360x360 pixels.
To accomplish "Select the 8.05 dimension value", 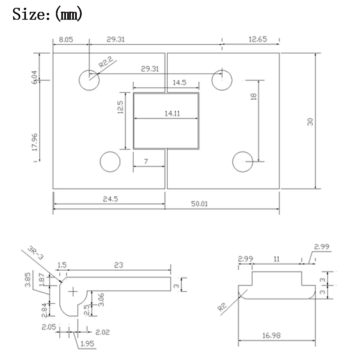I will tap(66, 40).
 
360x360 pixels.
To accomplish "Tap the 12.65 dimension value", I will tap(257, 40).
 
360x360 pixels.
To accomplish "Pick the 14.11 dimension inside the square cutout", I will tap(172, 113).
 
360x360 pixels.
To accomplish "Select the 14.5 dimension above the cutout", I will tap(179, 82).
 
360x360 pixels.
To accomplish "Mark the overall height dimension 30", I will tap(310, 121).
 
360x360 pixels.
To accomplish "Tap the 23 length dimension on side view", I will tap(118, 265).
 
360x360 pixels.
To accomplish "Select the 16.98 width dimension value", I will tap(273, 335).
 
